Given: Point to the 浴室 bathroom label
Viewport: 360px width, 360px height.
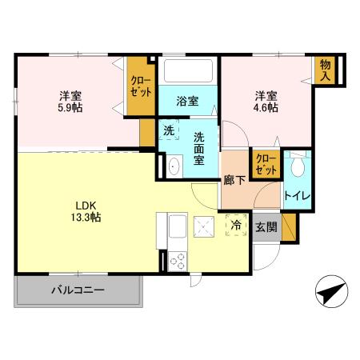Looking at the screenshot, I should coord(188,102).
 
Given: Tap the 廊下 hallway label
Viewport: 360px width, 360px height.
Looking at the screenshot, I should coord(234,181).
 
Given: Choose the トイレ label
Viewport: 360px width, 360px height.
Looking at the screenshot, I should coord(297,194).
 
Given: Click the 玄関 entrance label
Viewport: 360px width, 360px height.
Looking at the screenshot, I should coord(266,226).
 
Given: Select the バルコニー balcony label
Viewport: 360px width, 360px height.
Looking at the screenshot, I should coord(78,290).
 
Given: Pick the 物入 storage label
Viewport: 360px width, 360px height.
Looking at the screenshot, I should coord(326,70).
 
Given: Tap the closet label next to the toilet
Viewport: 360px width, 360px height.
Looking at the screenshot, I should coord(265,166).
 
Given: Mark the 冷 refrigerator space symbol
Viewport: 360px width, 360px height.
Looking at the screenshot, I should coord(237,226).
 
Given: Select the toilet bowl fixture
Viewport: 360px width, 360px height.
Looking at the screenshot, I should coord(298,166).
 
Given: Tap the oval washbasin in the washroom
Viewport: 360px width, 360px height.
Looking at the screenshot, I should coord(173,166).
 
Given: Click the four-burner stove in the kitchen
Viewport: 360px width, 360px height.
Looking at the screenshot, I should coord(175,260).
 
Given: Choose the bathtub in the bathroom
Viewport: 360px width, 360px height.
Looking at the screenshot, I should coord(188,73).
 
